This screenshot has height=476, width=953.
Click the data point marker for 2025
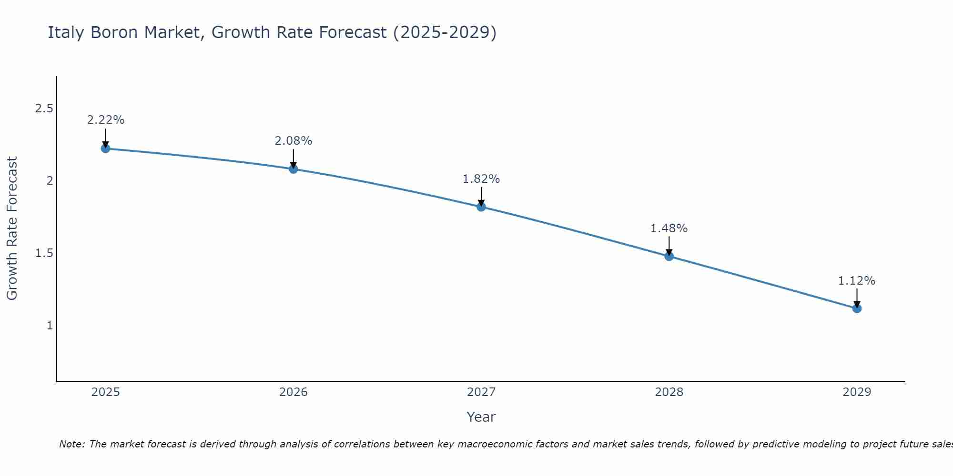click(105, 149)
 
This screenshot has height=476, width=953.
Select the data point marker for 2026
click(294, 169)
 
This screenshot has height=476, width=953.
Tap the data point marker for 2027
click(481, 207)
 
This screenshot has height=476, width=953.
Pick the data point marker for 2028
click(669, 256)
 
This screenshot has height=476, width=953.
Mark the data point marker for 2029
click(857, 308)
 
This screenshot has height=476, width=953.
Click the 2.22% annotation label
click(105, 120)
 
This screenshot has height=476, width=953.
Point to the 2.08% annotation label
click(294, 141)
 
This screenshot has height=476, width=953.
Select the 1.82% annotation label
click(481, 179)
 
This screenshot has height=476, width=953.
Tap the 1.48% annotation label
click(669, 228)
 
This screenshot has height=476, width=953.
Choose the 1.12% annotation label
click(857, 281)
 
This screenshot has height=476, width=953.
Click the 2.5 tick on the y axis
click(44, 109)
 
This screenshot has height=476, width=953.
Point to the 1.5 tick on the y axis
click(44, 253)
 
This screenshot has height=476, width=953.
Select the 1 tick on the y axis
click(50, 326)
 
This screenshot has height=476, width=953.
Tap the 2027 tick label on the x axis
click(481, 392)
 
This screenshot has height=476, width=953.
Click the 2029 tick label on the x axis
click(857, 392)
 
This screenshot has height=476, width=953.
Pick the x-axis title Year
click(481, 417)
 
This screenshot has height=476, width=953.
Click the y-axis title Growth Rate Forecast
click(12, 228)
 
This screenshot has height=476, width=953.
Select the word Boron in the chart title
click(115, 32)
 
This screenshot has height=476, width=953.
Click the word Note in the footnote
click(71, 444)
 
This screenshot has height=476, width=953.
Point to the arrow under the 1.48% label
click(669, 246)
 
